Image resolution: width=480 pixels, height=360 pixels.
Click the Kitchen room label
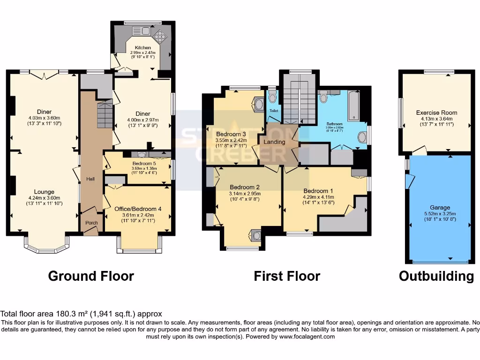tap(143, 48)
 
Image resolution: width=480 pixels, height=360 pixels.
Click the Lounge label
tap(45, 192)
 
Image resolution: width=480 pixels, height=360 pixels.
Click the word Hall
tap(91, 179)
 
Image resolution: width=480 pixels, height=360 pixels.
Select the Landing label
tap(274, 142)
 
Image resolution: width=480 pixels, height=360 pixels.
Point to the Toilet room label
tap(273, 111)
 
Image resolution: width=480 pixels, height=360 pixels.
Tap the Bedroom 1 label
tap(318, 191)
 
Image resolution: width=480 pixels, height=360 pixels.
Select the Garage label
tap(440, 207)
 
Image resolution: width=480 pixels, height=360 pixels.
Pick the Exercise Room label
tap(436, 112)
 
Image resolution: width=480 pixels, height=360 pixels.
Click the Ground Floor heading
tap(91, 276)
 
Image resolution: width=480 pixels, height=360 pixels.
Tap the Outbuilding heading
tap(436, 276)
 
